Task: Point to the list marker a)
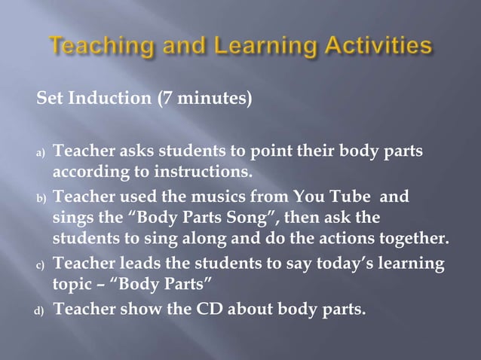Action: (x=41, y=154)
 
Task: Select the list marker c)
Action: (x=41, y=267)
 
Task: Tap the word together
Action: (x=418, y=240)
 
